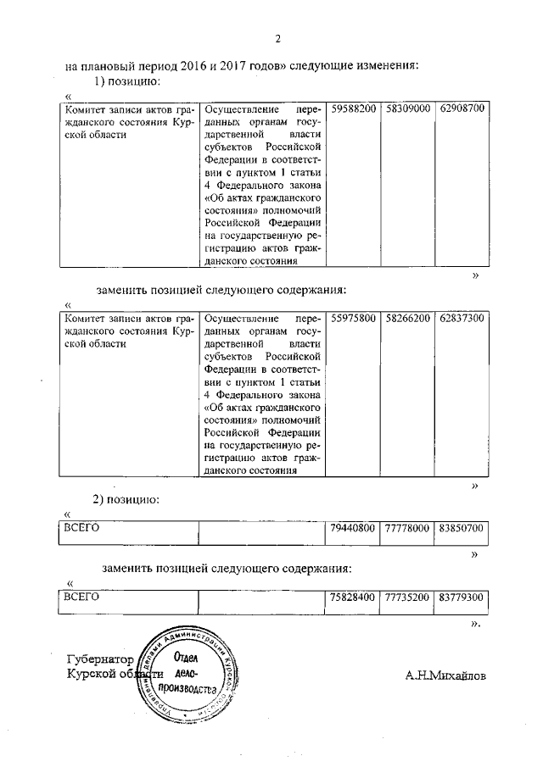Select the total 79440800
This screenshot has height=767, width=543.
coord(353,528)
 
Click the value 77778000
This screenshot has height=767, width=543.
coord(407,528)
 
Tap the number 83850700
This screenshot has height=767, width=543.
coord(462,528)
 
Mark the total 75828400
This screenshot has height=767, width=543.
coord(353,597)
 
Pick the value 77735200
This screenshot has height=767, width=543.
coord(407,597)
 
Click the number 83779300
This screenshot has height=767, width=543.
coord(462,597)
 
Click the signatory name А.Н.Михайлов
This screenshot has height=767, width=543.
coord(447,675)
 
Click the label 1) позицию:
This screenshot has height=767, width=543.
coord(126,81)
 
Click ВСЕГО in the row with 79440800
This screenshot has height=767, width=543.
coord(83,528)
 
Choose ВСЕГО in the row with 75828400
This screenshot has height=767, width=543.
coord(83,597)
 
